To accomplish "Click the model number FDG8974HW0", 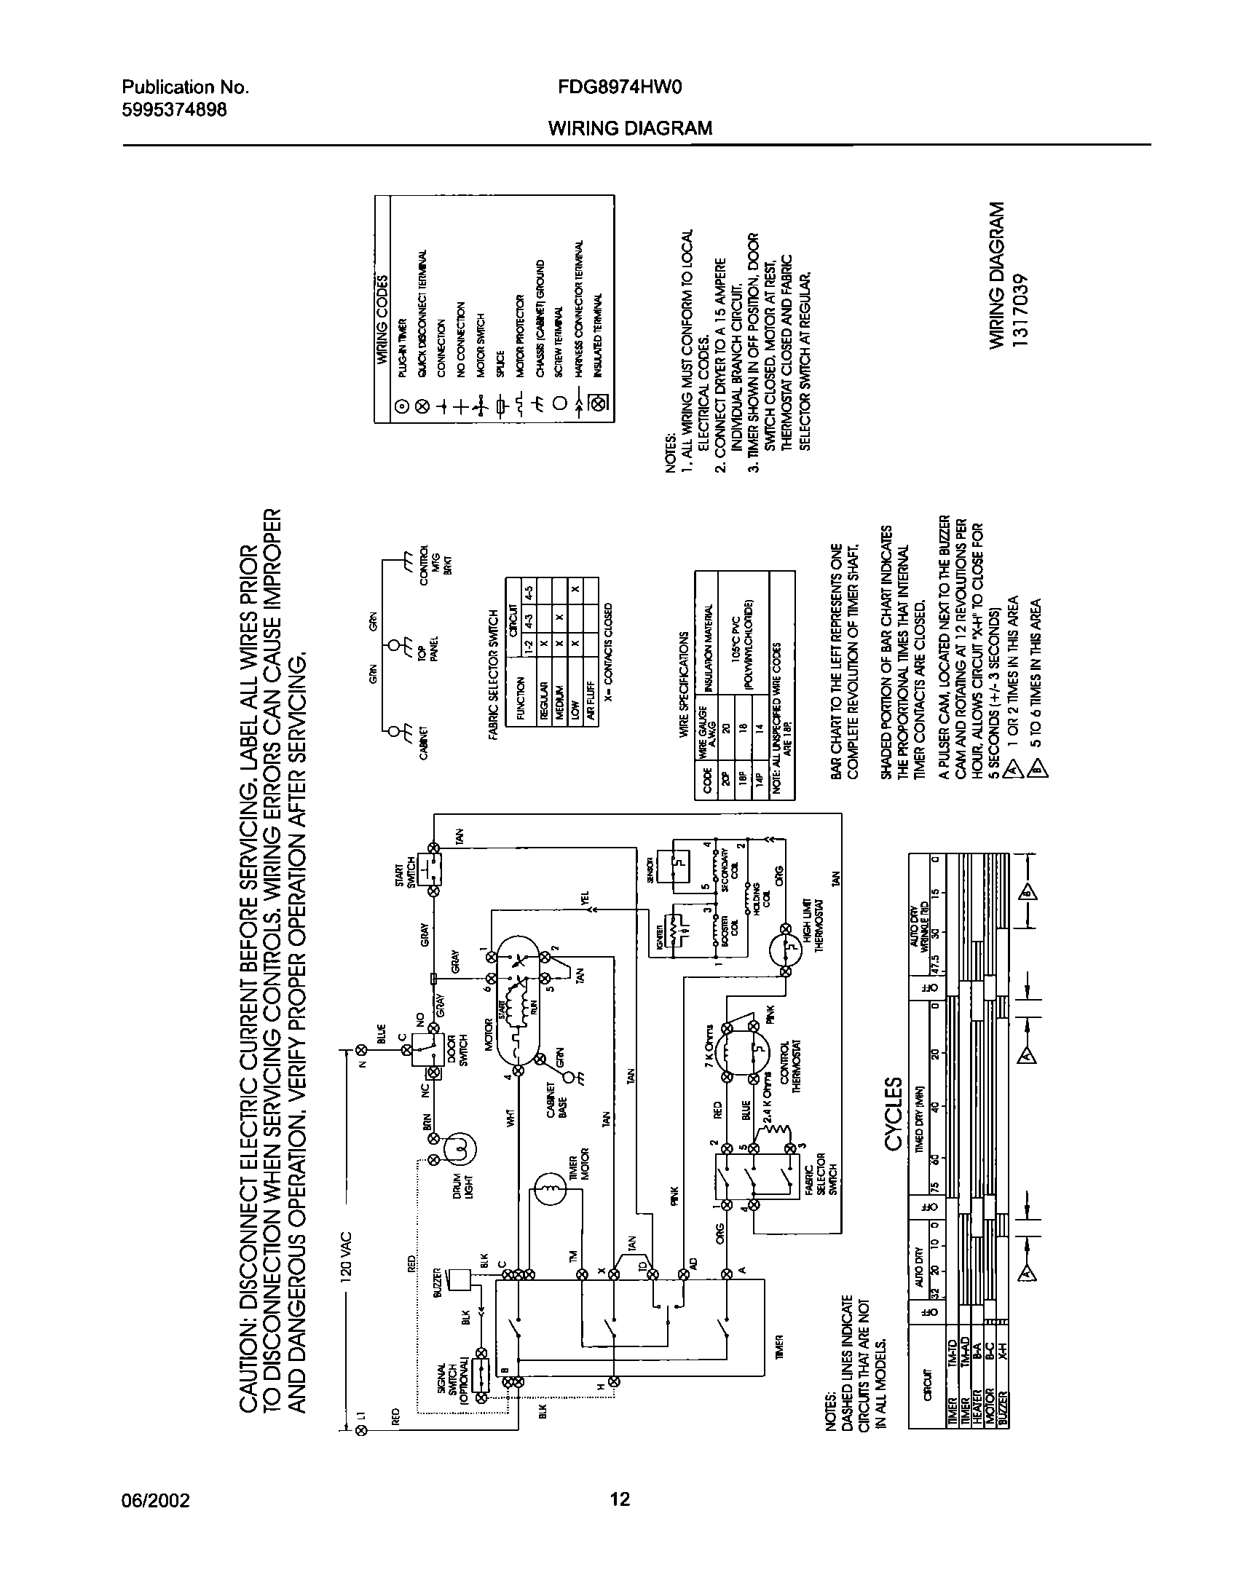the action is click(x=619, y=88).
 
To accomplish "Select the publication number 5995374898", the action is click(x=174, y=110).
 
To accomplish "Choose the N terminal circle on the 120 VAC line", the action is click(x=361, y=1049).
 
